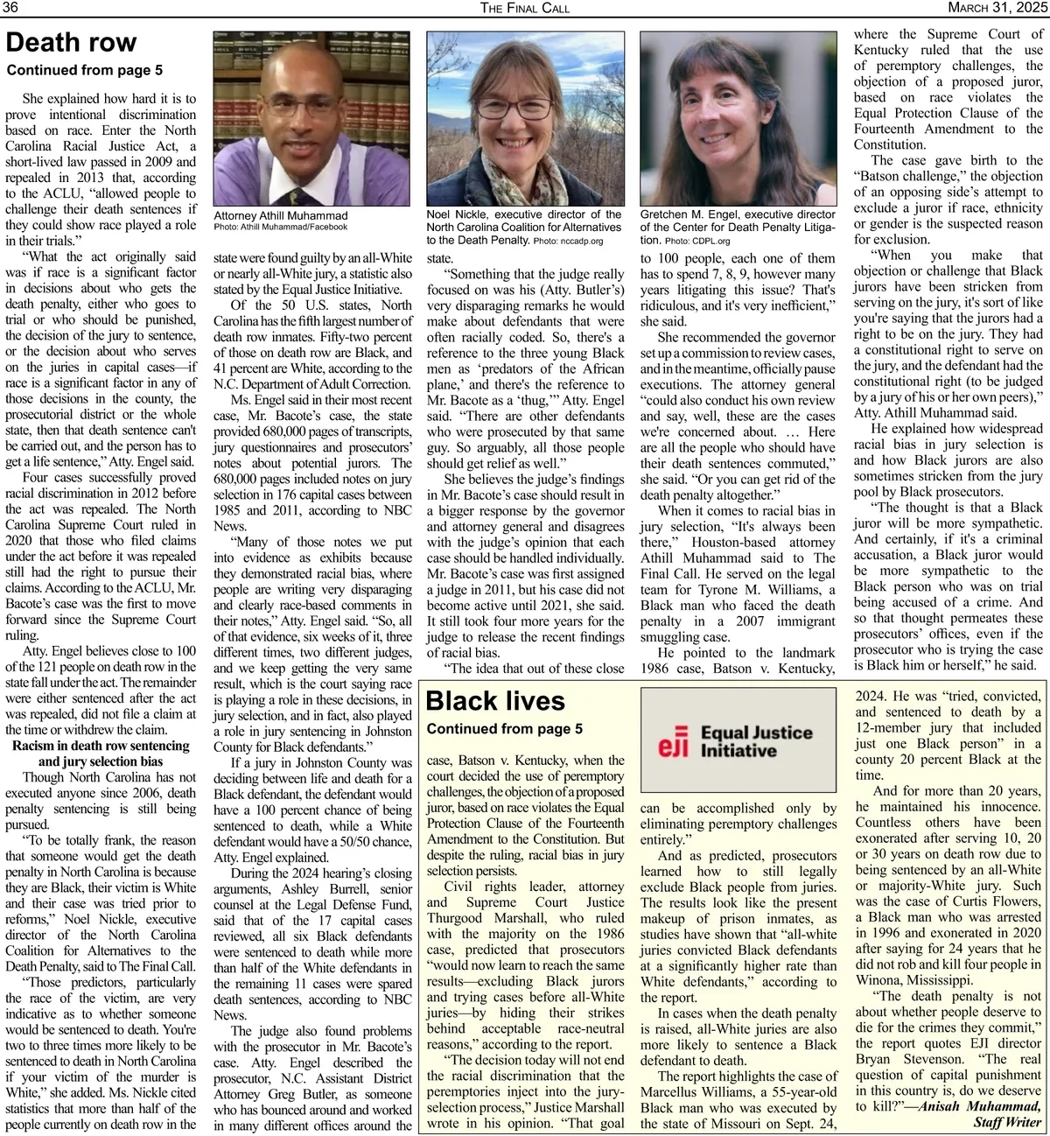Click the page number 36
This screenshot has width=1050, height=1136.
point(12,8)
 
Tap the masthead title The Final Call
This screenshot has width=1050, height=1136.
point(525,8)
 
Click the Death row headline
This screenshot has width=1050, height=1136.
point(72,43)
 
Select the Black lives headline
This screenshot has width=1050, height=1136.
point(495,701)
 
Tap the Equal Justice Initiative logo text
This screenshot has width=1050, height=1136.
point(756,741)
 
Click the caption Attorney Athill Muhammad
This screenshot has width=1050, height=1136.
point(281,215)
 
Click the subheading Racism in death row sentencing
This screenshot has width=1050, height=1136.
point(101,746)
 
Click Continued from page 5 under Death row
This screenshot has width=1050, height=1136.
point(85,70)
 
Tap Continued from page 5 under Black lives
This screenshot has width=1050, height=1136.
point(505,729)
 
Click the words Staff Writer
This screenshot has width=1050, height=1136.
point(1007,1122)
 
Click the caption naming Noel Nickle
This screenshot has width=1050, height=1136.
point(524,227)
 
